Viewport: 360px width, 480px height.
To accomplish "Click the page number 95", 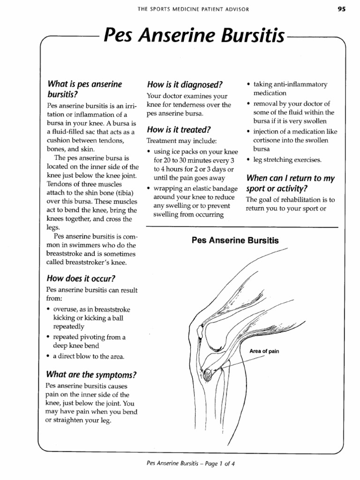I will (x=341, y=9).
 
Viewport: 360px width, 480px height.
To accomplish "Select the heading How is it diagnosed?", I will (x=184, y=85).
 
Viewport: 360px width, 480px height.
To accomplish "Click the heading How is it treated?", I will (x=179, y=129).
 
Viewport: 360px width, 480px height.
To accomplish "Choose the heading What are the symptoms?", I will (x=91, y=375).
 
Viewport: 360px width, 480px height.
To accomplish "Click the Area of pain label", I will (x=264, y=351).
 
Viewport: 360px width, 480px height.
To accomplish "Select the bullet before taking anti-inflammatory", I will (x=248, y=85).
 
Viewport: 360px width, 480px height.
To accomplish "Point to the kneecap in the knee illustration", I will (x=201, y=331).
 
